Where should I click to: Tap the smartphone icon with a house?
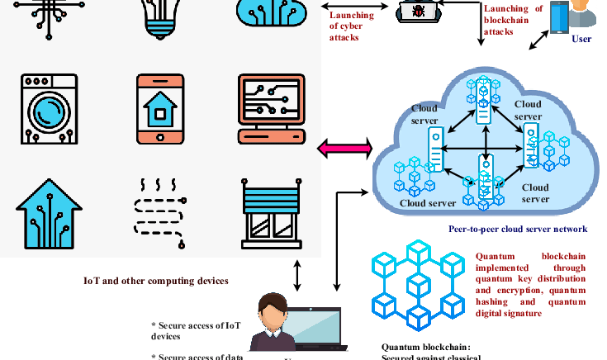pos(160,110)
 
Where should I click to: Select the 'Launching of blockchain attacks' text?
pos(513,20)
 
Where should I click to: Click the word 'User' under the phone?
pos(581,37)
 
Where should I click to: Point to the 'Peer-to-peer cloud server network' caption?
pos(518,229)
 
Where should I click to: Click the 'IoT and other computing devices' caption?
pos(155,281)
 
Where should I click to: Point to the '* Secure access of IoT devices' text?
pos(196,330)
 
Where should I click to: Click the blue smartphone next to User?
pos(560,19)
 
